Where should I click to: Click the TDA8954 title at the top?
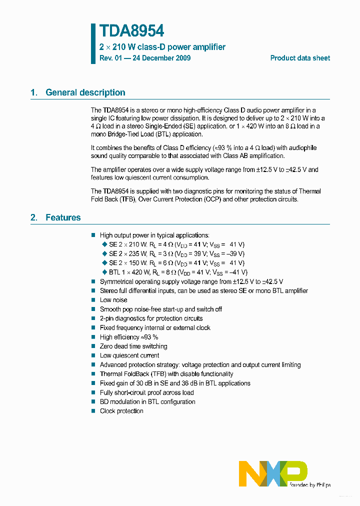click(131, 31)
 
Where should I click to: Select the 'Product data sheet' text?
click(300, 58)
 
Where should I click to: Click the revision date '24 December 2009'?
click(161, 58)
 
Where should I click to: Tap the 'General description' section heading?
click(85, 92)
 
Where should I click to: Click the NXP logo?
click(273, 472)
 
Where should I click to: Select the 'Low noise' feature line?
click(113, 300)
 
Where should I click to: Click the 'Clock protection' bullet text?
click(121, 411)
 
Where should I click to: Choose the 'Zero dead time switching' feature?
click(133, 346)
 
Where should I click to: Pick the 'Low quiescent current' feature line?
click(129, 355)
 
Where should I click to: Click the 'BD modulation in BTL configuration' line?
click(147, 401)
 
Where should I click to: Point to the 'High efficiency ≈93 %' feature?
click(129, 337)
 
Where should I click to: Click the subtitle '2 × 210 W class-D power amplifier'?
click(162, 47)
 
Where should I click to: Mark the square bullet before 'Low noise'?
click(93, 300)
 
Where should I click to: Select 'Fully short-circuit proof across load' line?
click(146, 392)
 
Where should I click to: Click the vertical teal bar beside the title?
click(93, 43)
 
